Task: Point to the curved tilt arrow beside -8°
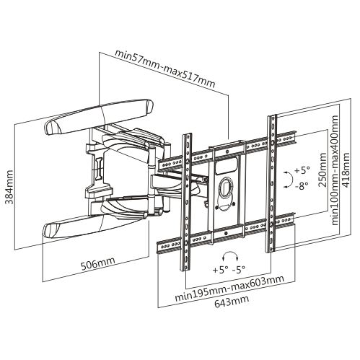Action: pos(289,177)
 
